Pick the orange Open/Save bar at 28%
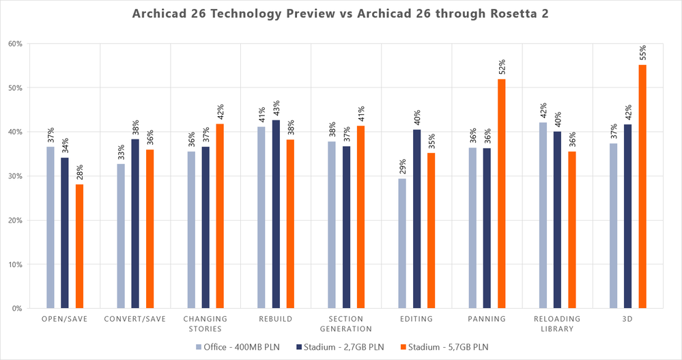pyautogui.click(x=80, y=246)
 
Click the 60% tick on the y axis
pyautogui.click(x=15, y=44)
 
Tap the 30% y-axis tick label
pyautogui.click(x=15, y=176)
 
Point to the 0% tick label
pyautogui.click(x=17, y=309)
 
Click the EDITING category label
pyautogui.click(x=416, y=319)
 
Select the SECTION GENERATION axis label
pyautogui.click(x=345, y=324)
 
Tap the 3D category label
pyautogui.click(x=627, y=319)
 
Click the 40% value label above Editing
pyautogui.click(x=417, y=118)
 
